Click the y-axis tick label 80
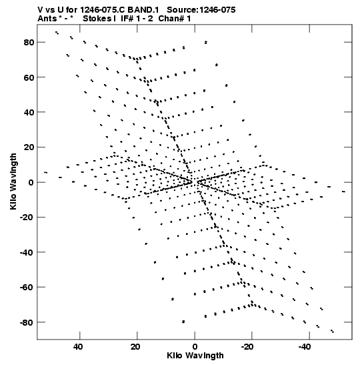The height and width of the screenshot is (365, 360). coord(29,42)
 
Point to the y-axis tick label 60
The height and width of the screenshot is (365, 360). coord(29,77)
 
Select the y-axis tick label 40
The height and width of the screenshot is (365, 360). coord(29,112)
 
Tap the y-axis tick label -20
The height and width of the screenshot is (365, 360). coord(27,218)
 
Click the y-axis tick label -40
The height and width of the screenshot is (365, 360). coord(27,252)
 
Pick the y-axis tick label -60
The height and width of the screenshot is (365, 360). coord(27,288)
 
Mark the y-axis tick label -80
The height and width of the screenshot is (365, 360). coord(27,323)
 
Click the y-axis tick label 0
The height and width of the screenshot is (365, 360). coord(31,183)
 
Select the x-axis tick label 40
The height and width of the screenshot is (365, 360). coord(78,347)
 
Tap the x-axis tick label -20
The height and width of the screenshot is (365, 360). coord(247,347)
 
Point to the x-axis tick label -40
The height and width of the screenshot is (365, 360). coord(305,347)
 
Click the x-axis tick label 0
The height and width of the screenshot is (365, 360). coord(195,347)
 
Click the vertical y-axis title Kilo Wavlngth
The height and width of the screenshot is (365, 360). coord(13,181)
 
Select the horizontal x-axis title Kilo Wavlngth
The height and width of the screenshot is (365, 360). coord(195,356)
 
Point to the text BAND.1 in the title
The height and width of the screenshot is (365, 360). coord(143,10)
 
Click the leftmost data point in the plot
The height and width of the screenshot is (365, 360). coord(45,172)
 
